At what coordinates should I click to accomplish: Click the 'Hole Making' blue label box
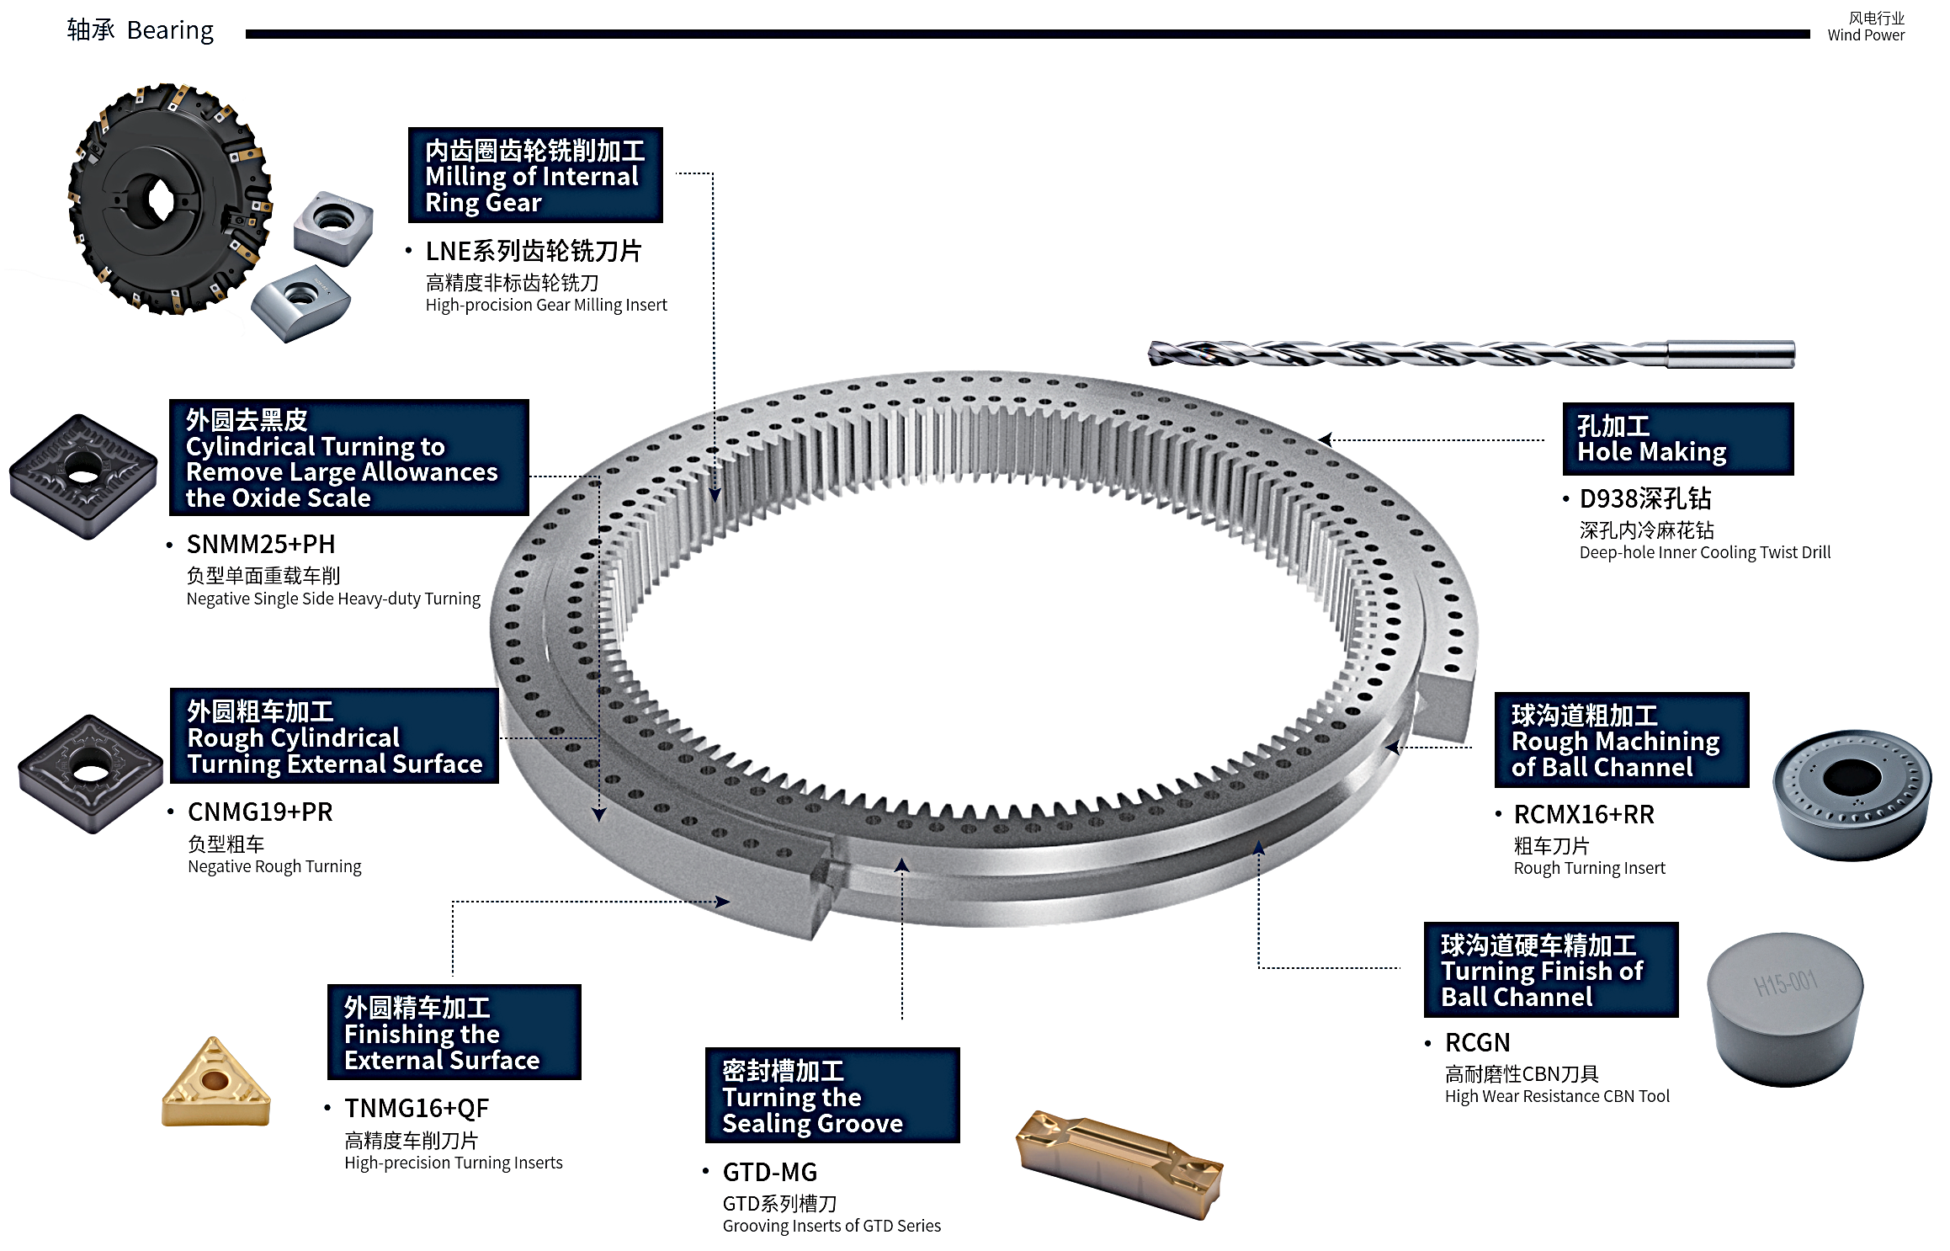click(1677, 439)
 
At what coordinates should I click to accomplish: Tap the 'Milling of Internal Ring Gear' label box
click(535, 175)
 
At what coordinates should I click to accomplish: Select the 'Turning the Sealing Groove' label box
click(832, 1095)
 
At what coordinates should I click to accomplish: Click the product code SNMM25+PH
click(261, 545)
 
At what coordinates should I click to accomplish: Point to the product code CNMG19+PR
click(260, 812)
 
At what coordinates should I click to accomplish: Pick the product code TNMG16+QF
click(417, 1109)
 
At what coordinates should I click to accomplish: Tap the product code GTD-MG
click(770, 1173)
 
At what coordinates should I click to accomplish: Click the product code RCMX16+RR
click(1584, 815)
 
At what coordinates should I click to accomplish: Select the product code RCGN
click(1477, 1043)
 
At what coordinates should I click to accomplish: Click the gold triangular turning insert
click(215, 1085)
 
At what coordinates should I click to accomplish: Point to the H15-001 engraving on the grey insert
click(1785, 982)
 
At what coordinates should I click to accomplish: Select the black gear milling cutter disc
click(168, 200)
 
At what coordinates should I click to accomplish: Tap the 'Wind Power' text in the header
click(1865, 35)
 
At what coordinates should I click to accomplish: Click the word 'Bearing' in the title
click(170, 31)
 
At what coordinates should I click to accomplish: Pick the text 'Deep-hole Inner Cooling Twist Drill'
click(1704, 553)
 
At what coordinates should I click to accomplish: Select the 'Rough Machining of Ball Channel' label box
click(1621, 740)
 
